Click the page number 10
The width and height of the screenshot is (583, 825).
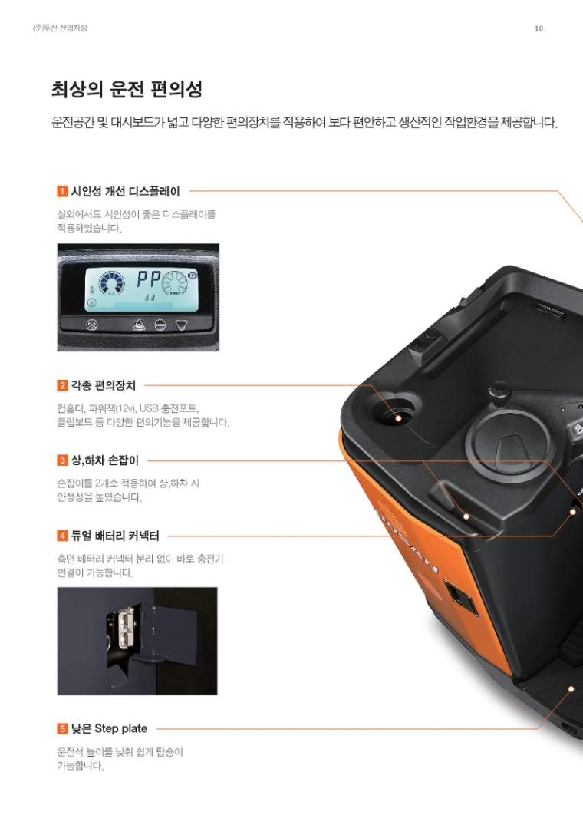pyautogui.click(x=539, y=28)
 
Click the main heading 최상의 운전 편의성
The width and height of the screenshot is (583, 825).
pyautogui.click(x=127, y=89)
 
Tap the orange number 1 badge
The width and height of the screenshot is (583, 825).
pyautogui.click(x=63, y=191)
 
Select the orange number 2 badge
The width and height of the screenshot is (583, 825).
pyautogui.click(x=63, y=385)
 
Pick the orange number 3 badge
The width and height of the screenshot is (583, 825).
pyautogui.click(x=63, y=460)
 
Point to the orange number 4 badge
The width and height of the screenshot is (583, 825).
pyautogui.click(x=63, y=536)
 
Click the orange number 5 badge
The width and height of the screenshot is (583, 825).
pyautogui.click(x=63, y=729)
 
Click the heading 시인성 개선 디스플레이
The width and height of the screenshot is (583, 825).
pyautogui.click(x=126, y=191)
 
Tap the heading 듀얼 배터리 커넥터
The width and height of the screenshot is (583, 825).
pyautogui.click(x=115, y=536)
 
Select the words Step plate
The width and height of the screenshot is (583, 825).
pyautogui.click(x=121, y=729)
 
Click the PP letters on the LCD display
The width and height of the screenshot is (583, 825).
pyautogui.click(x=148, y=279)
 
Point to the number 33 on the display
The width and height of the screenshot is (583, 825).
pyautogui.click(x=150, y=298)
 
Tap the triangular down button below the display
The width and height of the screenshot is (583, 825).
pyautogui.click(x=181, y=325)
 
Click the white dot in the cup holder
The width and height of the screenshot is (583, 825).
pyautogui.click(x=398, y=417)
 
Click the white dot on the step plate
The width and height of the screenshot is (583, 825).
pyautogui.click(x=571, y=689)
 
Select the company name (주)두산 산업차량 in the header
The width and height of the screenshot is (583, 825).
pyautogui.click(x=59, y=28)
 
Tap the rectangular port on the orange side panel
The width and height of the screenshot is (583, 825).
pyautogui.click(x=460, y=597)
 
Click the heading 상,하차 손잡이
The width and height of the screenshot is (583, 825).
pyautogui.click(x=105, y=460)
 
